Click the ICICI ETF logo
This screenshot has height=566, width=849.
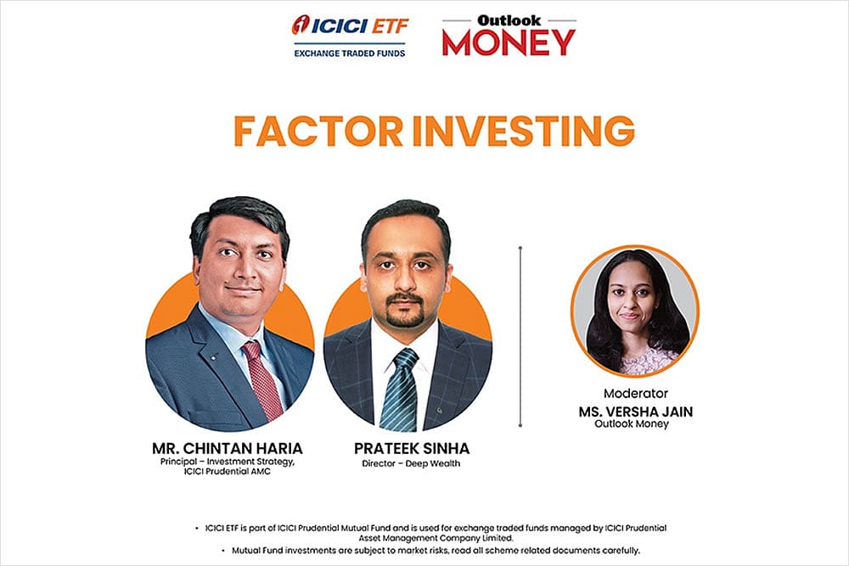click(349, 27)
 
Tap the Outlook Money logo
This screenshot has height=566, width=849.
click(509, 36)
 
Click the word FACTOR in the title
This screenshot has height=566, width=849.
click(319, 132)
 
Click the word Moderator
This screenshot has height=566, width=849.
click(635, 394)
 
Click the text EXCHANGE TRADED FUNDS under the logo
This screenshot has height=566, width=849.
click(349, 53)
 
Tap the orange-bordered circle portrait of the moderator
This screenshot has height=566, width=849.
click(634, 311)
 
